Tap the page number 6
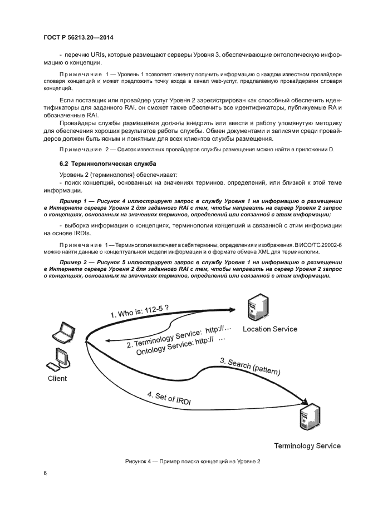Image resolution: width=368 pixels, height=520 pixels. pos(45,473)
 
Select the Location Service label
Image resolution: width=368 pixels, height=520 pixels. pos(270,329)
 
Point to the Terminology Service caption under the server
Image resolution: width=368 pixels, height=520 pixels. pos(307,445)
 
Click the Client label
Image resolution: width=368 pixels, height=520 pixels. pos(57,378)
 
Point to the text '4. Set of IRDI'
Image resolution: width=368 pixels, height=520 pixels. pos(169,399)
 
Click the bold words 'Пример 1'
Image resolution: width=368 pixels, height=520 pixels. pos(74,200)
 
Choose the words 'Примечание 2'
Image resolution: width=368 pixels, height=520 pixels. pos(84,150)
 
